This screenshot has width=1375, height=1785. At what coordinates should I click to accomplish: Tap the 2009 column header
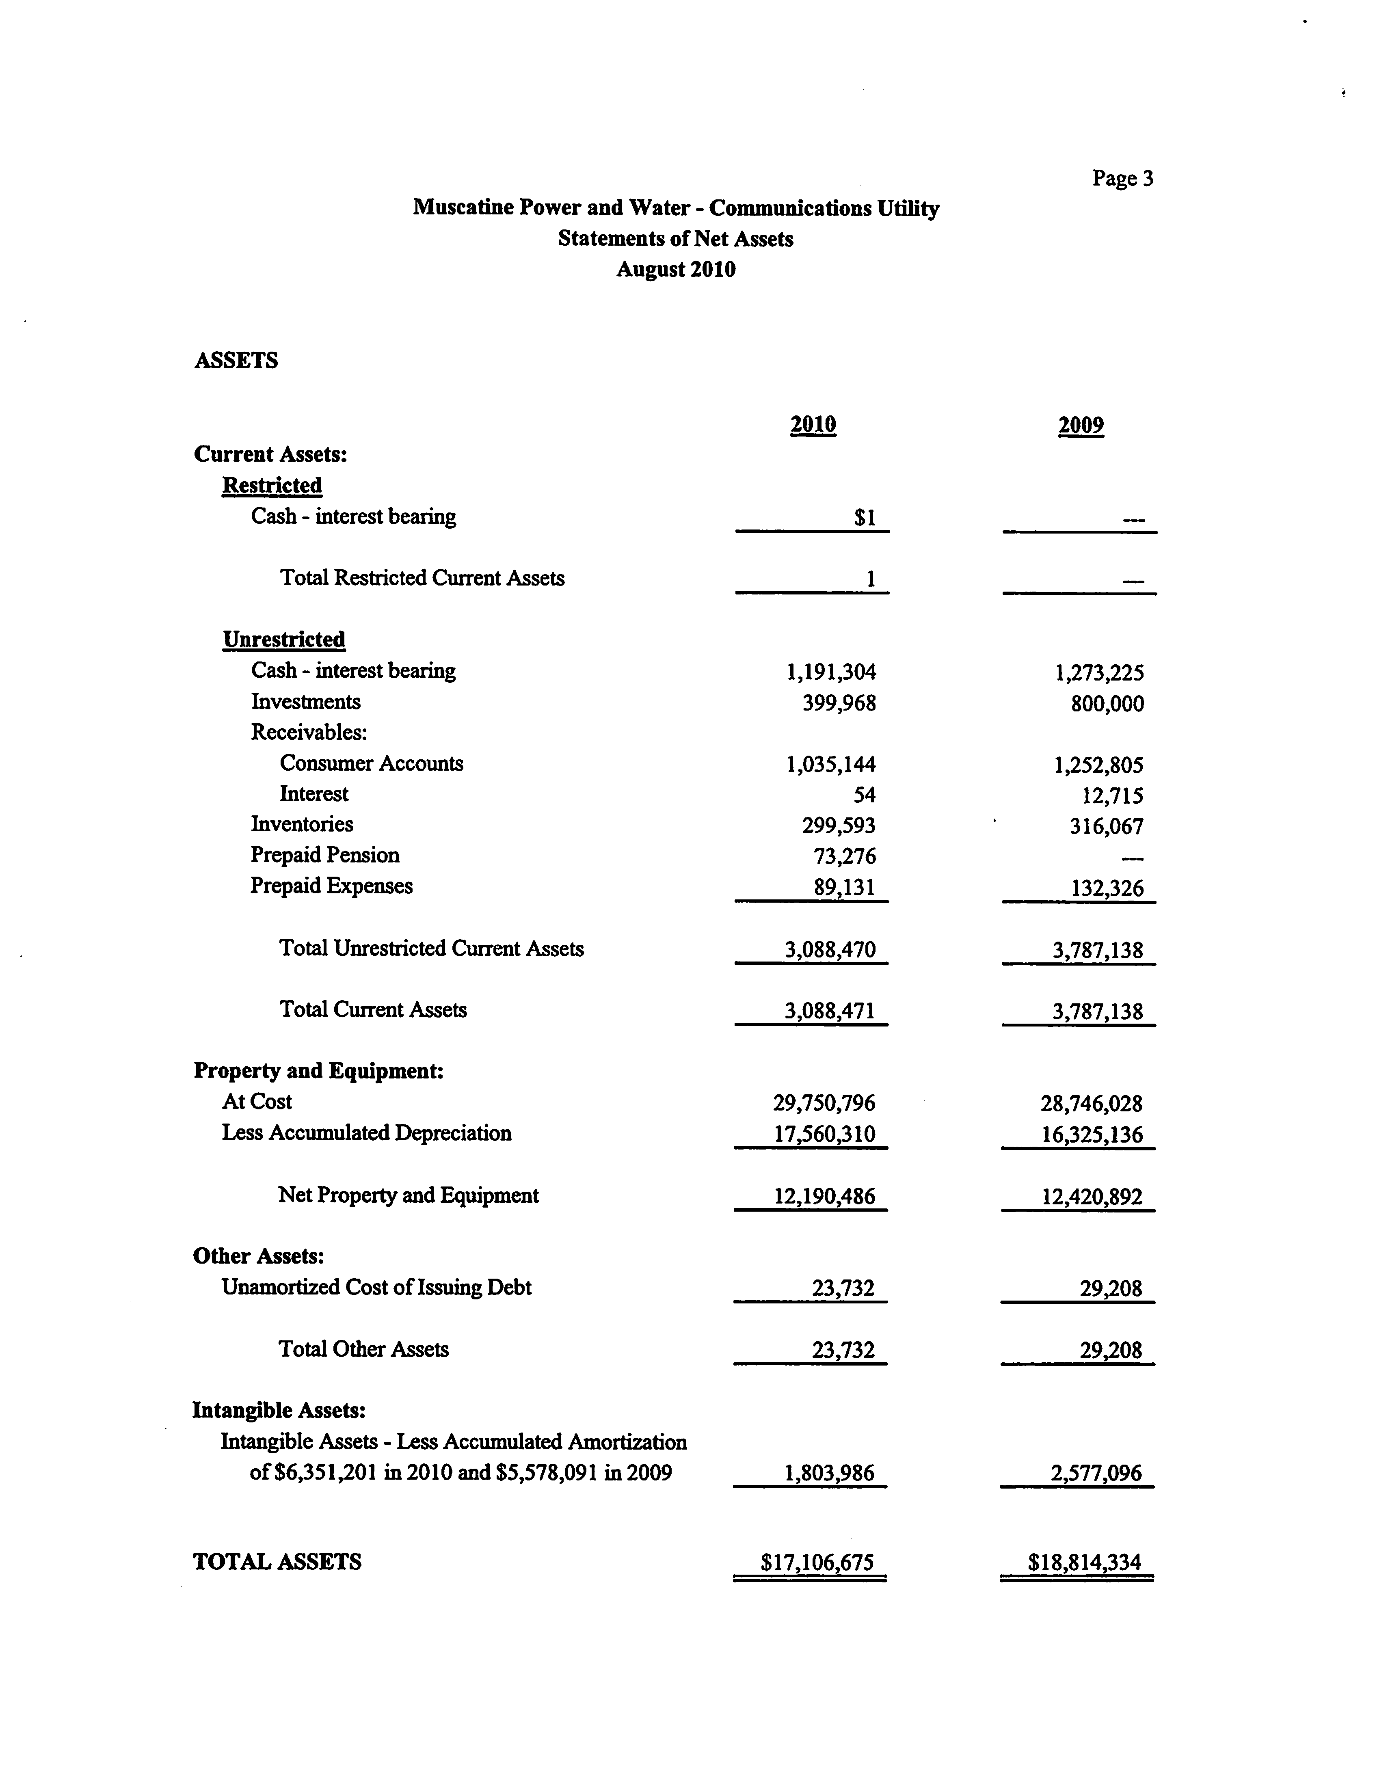[x=1080, y=425]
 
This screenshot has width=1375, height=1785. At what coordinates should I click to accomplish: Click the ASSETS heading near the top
[x=236, y=361]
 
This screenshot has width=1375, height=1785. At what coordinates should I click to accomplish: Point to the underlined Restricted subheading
[x=271, y=486]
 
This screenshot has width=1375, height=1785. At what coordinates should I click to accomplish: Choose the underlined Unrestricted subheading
[x=284, y=639]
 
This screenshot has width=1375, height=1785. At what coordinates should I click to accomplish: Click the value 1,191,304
[x=830, y=672]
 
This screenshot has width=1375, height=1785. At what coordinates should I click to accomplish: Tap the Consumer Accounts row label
[x=371, y=763]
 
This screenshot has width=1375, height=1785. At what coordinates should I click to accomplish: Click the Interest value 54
[x=864, y=794]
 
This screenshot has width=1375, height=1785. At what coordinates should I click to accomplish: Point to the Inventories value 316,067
[x=1106, y=826]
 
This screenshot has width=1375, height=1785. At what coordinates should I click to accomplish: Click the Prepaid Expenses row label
[x=331, y=886]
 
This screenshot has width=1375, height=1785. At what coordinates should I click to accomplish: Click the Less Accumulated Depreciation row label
[x=366, y=1133]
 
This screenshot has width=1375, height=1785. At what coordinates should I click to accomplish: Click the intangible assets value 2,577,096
[x=1096, y=1473]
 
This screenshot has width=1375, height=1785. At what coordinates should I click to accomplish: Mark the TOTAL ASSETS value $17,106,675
[x=817, y=1563]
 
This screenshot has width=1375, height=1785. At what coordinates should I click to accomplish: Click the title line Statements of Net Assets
[x=675, y=239]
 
